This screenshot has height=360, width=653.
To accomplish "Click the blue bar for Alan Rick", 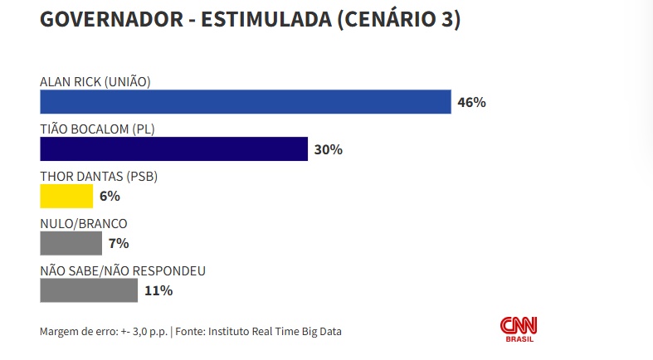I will coord(246,102).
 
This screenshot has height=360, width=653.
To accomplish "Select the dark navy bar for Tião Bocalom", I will coord(174,149).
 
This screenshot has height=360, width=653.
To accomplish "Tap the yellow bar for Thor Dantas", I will coord(66,197).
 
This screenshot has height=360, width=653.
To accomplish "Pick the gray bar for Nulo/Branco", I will coord(71,243).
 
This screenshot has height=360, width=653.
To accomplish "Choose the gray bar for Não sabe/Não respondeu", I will coord(89,290).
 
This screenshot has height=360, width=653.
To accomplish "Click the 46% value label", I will coord(471,103).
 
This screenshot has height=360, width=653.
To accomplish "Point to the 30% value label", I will coord(329,150).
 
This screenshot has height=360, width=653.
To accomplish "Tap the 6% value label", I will coord(110,197).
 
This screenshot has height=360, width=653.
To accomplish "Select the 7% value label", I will coord(118,243).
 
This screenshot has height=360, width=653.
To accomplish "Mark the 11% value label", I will coord(158,290).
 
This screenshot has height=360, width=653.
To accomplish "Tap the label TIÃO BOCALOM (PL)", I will coord(97,129).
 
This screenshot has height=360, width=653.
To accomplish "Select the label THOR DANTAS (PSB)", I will coord(99,176).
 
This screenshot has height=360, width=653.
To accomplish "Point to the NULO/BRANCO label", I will coord(83,223).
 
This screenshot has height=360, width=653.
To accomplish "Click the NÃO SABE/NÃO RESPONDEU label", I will coord(123,270).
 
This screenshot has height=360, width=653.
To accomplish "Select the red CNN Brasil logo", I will coord(519,328).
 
